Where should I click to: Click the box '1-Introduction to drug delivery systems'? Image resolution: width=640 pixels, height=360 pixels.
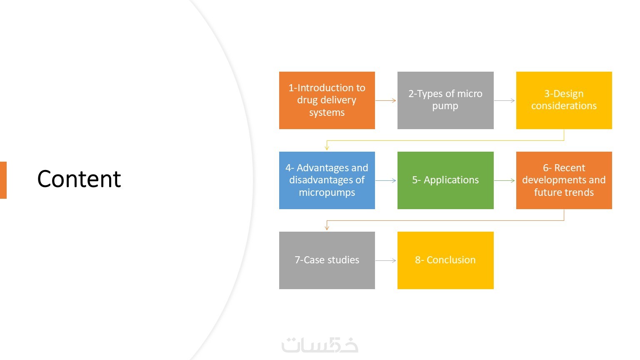point(327,100)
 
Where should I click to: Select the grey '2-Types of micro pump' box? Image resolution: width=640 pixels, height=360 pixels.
point(445,100)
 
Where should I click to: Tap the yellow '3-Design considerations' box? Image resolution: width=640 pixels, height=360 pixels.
point(564,100)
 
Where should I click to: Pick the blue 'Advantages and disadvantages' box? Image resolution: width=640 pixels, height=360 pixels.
point(327,180)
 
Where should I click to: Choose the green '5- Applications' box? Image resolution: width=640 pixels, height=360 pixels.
point(445,180)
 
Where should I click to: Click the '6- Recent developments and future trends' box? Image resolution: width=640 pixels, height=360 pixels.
point(564,180)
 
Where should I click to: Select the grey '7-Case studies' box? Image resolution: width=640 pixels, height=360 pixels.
point(327,260)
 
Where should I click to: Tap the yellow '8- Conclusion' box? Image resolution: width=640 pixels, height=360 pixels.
point(445,260)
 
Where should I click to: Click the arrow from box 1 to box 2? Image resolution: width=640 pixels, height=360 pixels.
point(386,100)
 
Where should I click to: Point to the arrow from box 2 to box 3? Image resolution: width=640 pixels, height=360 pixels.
point(505,100)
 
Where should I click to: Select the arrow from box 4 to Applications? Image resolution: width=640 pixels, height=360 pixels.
point(386,180)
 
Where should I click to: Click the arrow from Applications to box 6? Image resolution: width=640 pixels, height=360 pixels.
point(505,180)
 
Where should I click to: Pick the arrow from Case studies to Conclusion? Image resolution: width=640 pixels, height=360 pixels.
point(386,260)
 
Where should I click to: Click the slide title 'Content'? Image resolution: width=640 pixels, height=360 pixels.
point(79,179)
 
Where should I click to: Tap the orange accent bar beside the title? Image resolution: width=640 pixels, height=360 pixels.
point(3,180)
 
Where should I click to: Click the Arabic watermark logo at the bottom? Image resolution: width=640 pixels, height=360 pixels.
point(320,345)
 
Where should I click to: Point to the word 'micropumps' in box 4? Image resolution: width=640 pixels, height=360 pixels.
point(327,192)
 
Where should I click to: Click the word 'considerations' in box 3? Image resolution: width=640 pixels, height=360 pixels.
point(564,106)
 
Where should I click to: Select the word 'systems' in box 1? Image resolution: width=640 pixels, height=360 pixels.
point(327,112)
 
